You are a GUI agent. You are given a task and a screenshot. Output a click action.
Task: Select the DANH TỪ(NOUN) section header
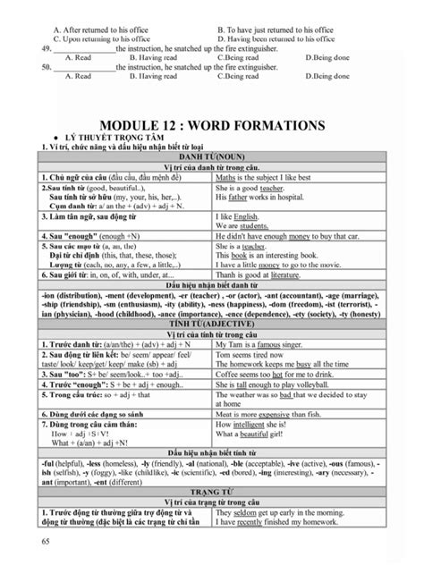212,156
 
